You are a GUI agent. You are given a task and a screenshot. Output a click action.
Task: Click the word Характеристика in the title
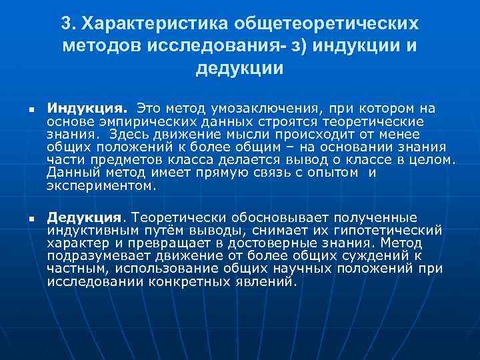click(x=155, y=23)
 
